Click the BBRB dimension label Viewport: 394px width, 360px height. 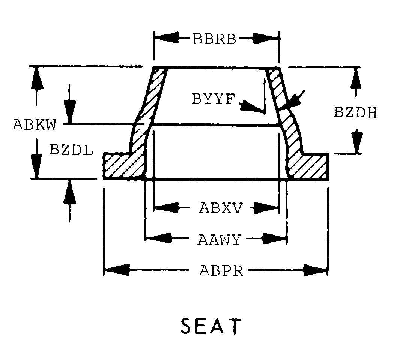pos(214,39)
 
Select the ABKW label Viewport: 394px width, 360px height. pos(35,124)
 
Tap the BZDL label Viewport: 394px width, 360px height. pos(71,150)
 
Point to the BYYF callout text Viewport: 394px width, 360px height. pos(213,98)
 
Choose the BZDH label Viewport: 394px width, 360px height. pos(356,112)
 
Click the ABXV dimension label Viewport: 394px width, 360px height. pos(221,208)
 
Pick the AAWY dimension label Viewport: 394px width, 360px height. pos(219,240)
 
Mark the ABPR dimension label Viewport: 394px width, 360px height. pos(221,271)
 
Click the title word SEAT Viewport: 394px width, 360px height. pos(211,326)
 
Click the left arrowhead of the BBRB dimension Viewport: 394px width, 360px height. pos(166,38)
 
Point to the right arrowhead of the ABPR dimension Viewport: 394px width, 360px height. pos(316,270)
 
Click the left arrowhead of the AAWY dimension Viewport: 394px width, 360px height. pos(159,238)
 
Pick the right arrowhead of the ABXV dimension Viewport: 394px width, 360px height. pos(266,208)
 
